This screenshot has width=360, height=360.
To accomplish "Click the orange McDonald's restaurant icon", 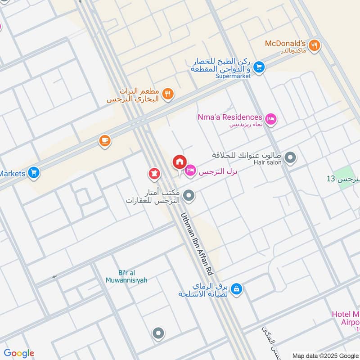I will coord(315,45).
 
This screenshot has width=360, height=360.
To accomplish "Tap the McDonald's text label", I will coord(285,44).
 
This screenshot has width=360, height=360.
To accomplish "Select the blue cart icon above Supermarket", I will coord(258,67).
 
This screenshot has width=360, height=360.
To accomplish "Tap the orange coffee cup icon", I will coord(105,141).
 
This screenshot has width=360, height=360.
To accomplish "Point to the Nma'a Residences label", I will coord(229,117).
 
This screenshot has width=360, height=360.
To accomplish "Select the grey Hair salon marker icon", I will coord(291,158).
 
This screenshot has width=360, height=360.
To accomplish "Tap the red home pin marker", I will coord(179,162).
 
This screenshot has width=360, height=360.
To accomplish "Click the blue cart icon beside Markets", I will coord(33,172).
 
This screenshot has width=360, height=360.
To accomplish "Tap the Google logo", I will coord(19,353).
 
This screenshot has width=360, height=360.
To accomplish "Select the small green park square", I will coord(344,174).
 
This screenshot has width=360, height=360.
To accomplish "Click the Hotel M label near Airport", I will coord(346,314).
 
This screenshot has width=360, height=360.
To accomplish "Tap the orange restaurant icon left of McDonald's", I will coord(168,94).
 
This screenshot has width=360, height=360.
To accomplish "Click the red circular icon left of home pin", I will coord(154,173).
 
